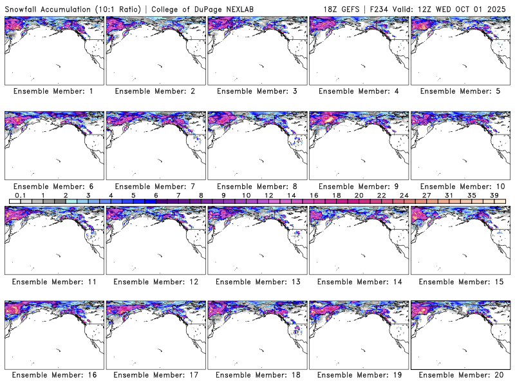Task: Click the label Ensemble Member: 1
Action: pyautogui.click(x=53, y=91)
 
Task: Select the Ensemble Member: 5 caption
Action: pyautogui.click(x=460, y=91)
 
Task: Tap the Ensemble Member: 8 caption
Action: pyautogui.click(x=256, y=186)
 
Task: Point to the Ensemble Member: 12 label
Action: pyautogui.click(x=155, y=281)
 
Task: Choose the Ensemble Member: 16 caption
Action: pyautogui.click(x=53, y=375)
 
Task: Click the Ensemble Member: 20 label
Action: pyautogui.click(x=460, y=375)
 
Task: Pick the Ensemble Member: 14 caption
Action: pyautogui.click(x=358, y=281)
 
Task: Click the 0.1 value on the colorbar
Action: pyautogui.click(x=20, y=195)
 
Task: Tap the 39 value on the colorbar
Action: pyautogui.click(x=494, y=195)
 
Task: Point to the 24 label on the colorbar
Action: pyautogui.click(x=404, y=195)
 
